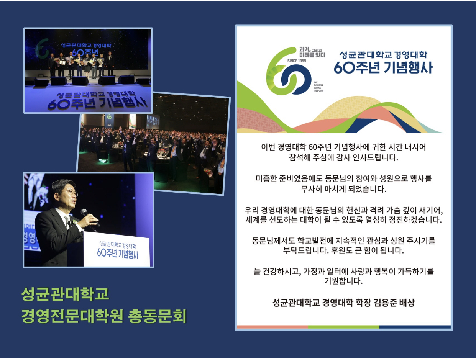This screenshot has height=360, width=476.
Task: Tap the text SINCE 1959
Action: tap(296, 61)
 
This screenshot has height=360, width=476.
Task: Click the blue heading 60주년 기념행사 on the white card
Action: tap(383, 67)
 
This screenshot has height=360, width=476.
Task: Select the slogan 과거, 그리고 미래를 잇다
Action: tap(312, 52)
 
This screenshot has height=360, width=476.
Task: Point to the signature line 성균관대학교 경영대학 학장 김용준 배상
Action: tap(343, 303)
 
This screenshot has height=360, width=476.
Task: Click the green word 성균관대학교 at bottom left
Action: tap(65, 294)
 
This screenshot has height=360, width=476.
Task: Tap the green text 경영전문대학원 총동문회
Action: tap(104, 316)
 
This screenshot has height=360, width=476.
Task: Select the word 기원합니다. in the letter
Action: tap(343, 281)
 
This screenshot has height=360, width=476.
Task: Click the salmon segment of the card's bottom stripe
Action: tap(272, 327)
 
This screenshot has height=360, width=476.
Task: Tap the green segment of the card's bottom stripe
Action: tap(343, 327)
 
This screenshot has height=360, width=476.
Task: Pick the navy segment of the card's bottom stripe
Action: tap(415, 327)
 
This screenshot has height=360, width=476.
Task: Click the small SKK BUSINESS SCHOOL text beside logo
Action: tap(318, 87)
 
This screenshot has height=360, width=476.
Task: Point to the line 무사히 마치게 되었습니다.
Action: tap(343, 189)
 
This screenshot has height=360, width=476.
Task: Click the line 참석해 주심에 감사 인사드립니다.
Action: tap(343, 157)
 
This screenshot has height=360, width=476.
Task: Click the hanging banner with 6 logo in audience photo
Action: tap(109, 120)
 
